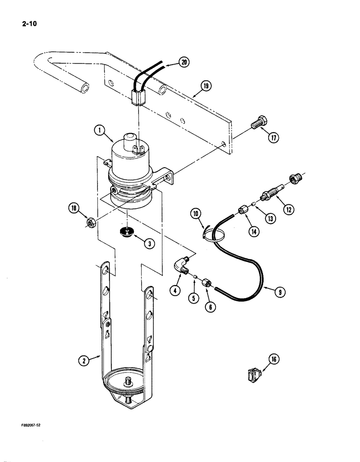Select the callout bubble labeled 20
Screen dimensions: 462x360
pyautogui.click(x=184, y=63)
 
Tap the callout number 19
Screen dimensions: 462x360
pyautogui.click(x=207, y=85)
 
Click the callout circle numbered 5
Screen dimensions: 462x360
pyautogui.click(x=193, y=298)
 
